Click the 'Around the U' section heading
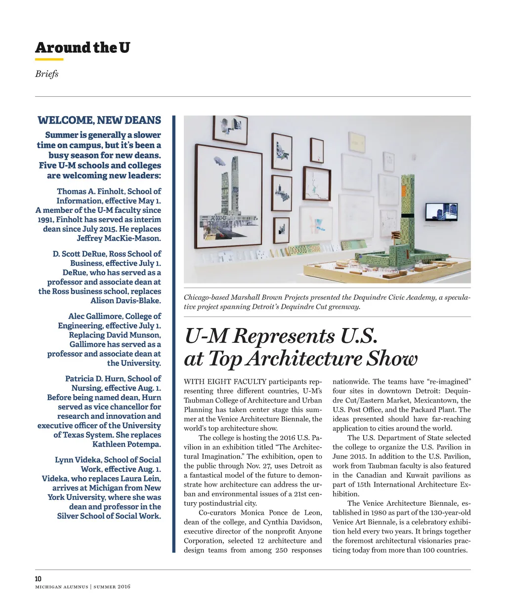83,47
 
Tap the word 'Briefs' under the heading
46,74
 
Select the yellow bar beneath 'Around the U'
49,60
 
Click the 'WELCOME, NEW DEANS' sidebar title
99,121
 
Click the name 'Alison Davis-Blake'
125,300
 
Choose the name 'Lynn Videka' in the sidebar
77,460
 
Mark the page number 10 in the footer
39,578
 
